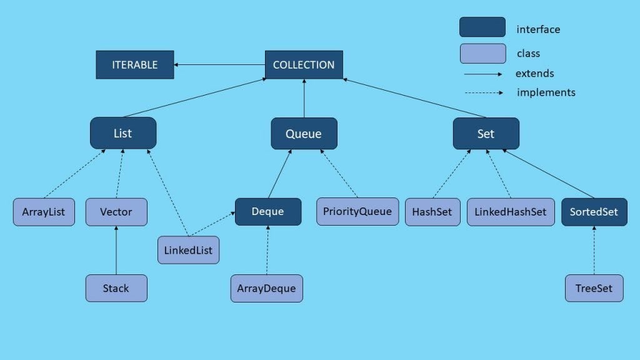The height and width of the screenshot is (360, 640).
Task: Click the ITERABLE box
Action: tap(135, 65)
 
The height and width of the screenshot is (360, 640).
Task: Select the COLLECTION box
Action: tap(304, 65)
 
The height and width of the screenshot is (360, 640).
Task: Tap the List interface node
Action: tap(123, 133)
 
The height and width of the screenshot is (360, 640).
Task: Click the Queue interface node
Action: tap(304, 134)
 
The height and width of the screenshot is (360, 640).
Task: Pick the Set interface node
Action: tap(486, 134)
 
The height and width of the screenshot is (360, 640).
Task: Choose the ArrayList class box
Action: tap(44, 212)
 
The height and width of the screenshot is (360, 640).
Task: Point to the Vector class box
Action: tap(116, 212)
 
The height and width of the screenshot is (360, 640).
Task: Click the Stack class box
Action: tap(116, 288)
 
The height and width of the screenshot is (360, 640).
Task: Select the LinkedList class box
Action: tap(188, 250)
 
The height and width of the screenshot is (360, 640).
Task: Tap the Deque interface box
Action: tap(268, 211)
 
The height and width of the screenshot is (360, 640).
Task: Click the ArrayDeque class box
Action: tap(266, 289)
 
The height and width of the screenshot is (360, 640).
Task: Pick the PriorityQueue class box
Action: tap(357, 211)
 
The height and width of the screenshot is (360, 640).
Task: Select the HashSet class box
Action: tap(432, 212)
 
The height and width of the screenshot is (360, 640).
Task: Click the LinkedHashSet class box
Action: tap(510, 212)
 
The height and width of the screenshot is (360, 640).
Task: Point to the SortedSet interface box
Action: tap(594, 212)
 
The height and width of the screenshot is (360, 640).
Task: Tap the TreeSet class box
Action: tap(594, 288)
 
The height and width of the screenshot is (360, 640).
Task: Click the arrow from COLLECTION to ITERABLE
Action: tap(219, 65)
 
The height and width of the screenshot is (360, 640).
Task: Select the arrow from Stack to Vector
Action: tap(116, 250)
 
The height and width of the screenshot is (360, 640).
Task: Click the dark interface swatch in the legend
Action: tap(482, 27)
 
